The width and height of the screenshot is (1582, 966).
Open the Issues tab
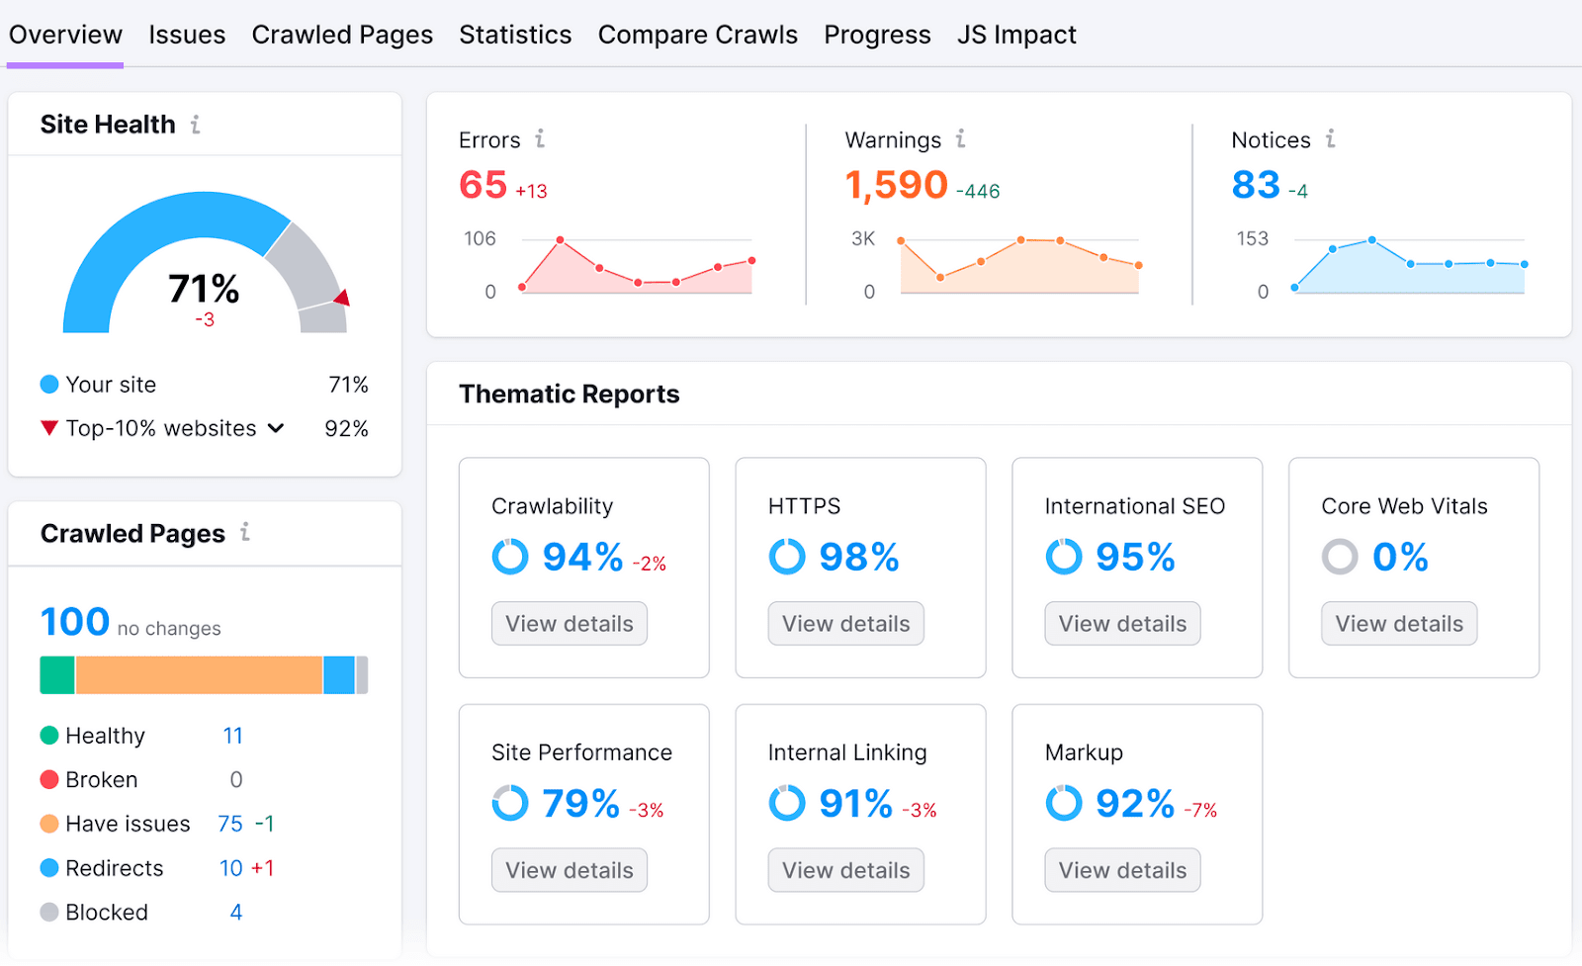click(x=187, y=35)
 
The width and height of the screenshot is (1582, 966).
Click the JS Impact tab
click(x=1015, y=35)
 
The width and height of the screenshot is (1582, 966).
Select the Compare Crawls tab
click(x=697, y=35)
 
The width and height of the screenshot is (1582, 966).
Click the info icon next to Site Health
click(x=196, y=125)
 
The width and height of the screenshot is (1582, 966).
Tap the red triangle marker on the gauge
click(x=342, y=298)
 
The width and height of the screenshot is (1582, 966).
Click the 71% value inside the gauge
click(x=204, y=289)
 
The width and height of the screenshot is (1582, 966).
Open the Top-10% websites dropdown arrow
click(x=276, y=428)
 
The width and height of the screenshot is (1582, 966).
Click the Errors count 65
click(x=483, y=185)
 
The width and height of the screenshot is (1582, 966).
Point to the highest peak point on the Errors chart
click(x=560, y=240)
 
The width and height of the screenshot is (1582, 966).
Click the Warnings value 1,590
click(x=896, y=185)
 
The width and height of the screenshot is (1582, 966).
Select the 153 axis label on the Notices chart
click(x=1252, y=238)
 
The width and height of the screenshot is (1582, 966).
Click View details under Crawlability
click(x=569, y=624)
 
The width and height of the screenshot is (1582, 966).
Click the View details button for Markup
click(x=1122, y=870)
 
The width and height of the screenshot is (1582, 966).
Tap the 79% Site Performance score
click(x=580, y=804)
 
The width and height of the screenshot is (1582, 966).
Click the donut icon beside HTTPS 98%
click(x=787, y=557)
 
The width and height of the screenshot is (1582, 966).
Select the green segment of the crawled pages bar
click(x=56, y=675)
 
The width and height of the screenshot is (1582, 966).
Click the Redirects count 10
click(x=230, y=868)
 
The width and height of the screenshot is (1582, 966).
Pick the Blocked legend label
click(x=107, y=913)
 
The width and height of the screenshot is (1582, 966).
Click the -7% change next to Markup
click(x=1200, y=811)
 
